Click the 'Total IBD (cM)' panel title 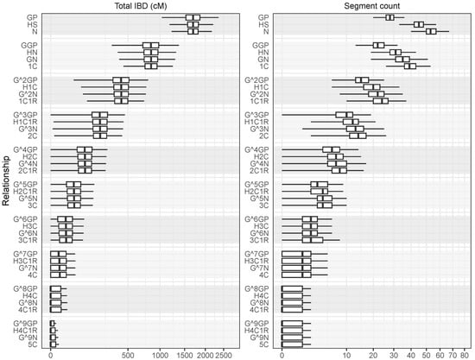pyautogui.click(x=136, y=7)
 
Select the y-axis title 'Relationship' pyautogui.click(x=7, y=179)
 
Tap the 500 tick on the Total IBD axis pyautogui.click(x=129, y=354)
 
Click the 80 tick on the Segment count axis pyautogui.click(x=463, y=354)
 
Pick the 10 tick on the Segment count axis pyautogui.click(x=346, y=354)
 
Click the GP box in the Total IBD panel pyautogui.click(x=193, y=17)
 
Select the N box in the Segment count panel pyautogui.click(x=431, y=32)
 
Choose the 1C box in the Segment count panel pyautogui.click(x=410, y=66)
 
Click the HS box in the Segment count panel pyautogui.click(x=419, y=25)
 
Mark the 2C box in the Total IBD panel pyautogui.click(x=100, y=135)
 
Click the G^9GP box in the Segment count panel pyautogui.click(x=292, y=323)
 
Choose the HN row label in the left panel pyautogui.click(x=37, y=52)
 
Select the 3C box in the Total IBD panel pyautogui.click(x=73, y=205)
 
